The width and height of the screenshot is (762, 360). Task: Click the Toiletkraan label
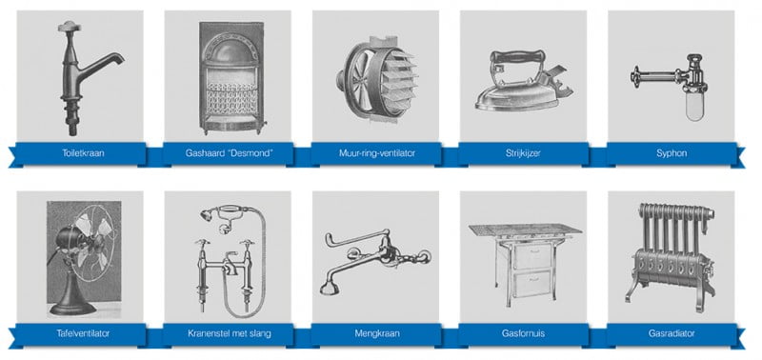point(83,153)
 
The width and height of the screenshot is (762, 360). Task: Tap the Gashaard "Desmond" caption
point(229,153)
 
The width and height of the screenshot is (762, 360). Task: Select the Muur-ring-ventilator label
point(377,153)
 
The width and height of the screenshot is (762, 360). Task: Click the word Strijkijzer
point(523,153)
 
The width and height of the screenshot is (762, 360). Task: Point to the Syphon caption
point(672,153)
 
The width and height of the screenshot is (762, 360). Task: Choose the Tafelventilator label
point(83,333)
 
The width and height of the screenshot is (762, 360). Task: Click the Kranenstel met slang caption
point(229,333)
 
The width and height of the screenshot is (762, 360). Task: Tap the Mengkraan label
point(377,333)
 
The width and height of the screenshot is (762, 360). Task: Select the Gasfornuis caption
point(523,333)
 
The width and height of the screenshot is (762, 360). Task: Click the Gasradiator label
point(672,333)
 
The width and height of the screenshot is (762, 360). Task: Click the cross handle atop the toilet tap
point(69,27)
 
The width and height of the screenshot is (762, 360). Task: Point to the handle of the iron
point(516,57)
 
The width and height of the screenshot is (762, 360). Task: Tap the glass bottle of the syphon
point(693,108)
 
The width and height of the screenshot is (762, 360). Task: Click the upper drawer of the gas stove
point(533,256)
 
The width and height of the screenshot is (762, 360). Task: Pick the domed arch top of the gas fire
point(231,50)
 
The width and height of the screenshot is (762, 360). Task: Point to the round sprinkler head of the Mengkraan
point(330,287)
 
